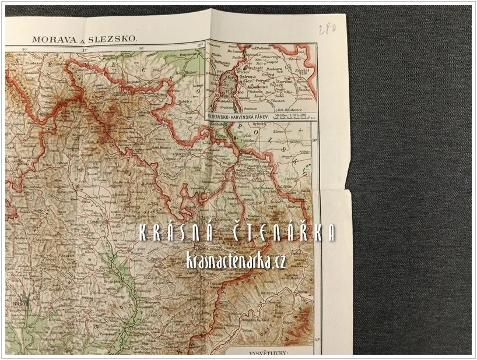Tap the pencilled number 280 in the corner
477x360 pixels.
click(x=327, y=29)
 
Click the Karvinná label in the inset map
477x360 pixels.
click(x=285, y=82)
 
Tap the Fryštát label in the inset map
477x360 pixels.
click(x=301, y=70)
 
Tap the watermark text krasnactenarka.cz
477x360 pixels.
click(x=243, y=261)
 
